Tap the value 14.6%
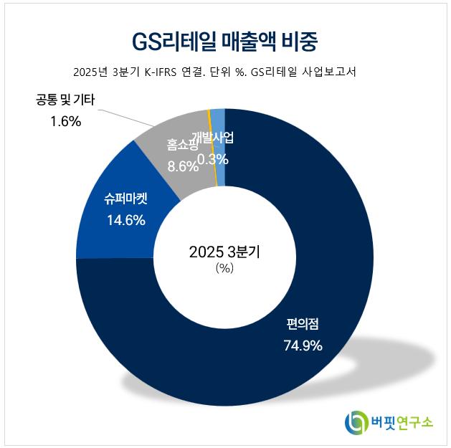tap(126, 221)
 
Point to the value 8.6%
tap(182, 166)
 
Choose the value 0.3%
tap(212, 159)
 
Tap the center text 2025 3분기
tap(224, 252)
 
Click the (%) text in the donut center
tap(224, 269)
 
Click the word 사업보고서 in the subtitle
tap(328, 72)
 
